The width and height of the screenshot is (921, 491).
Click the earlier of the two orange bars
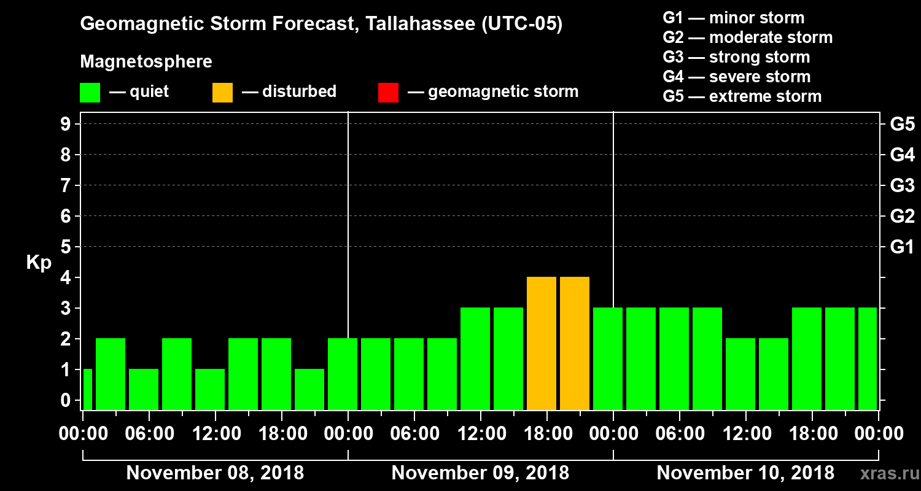tap(542, 343)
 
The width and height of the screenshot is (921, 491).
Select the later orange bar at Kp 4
tap(575, 343)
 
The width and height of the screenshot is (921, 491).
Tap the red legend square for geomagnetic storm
tap(389, 92)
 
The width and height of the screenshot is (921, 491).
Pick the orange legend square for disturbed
tap(223, 92)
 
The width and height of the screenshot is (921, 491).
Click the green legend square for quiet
tap(90, 92)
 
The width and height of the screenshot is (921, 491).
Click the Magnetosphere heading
tap(146, 62)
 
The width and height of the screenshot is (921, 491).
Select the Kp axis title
tap(39, 263)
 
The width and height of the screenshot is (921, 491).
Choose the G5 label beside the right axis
tap(902, 124)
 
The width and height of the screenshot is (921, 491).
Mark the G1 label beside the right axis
tap(902, 247)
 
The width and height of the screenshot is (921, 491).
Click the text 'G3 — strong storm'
tap(736, 57)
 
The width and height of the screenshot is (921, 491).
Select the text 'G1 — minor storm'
tap(733, 18)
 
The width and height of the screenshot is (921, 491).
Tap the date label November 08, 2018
tap(215, 473)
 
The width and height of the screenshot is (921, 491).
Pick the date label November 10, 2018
tap(745, 473)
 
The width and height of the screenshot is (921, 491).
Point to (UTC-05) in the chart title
tap(522, 25)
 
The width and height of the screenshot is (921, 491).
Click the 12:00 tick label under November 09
tap(481, 433)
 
